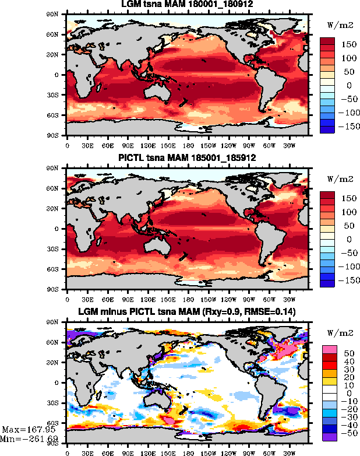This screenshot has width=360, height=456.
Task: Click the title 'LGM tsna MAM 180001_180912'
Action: point(188,6)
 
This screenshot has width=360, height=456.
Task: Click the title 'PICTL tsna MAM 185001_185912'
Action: point(188,159)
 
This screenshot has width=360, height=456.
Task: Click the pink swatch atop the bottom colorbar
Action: point(327,348)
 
